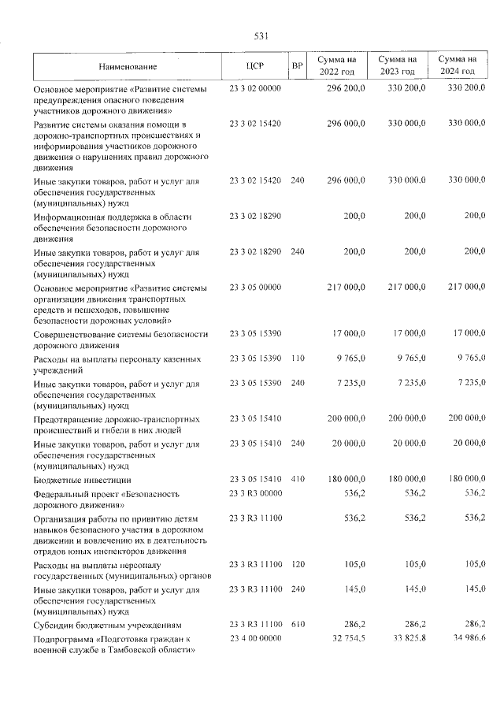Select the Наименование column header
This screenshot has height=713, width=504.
(x=128, y=66)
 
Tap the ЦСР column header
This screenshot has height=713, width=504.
(x=254, y=66)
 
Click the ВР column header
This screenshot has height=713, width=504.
(x=297, y=66)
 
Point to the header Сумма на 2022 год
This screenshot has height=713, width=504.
(x=337, y=65)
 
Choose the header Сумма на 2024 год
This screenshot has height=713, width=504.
(x=458, y=65)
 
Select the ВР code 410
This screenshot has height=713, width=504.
(x=297, y=479)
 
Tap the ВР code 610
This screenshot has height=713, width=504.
(x=297, y=622)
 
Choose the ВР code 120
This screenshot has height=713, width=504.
(x=297, y=565)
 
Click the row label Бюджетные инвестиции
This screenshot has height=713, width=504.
(x=82, y=480)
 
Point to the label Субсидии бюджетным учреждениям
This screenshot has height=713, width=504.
(x=111, y=623)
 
